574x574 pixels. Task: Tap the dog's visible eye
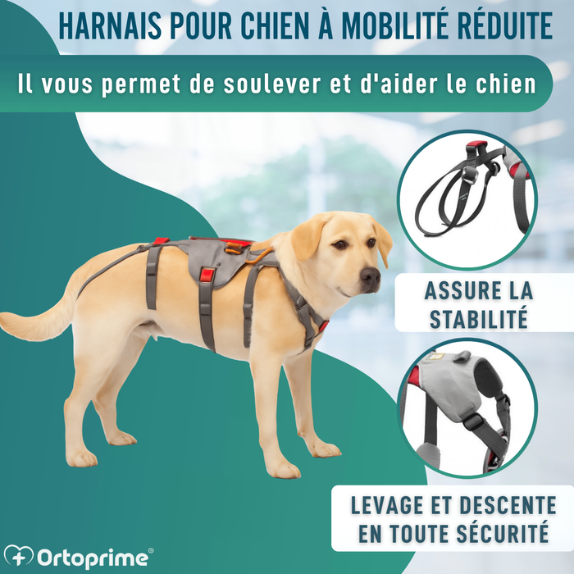339,244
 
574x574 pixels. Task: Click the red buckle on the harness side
207,275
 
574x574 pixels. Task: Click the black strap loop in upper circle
447,193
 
